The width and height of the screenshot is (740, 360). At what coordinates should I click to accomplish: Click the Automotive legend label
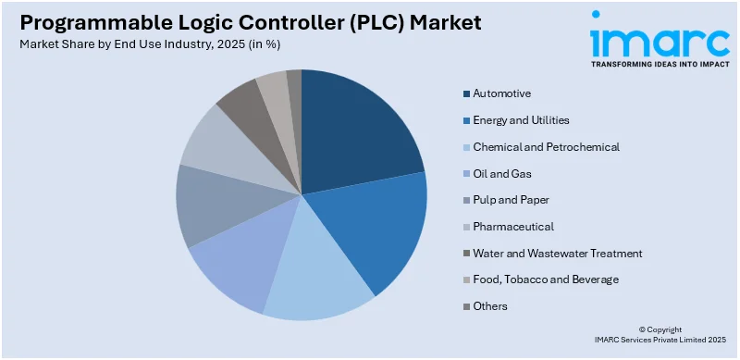pos(501,93)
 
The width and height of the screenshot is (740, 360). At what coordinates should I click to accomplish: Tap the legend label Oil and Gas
pos(501,173)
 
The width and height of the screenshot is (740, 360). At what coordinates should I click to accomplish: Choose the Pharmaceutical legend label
pos(513,226)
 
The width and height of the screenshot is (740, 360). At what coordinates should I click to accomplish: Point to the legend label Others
pos(490,305)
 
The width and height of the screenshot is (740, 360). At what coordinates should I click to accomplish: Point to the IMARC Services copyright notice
pos(652,335)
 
